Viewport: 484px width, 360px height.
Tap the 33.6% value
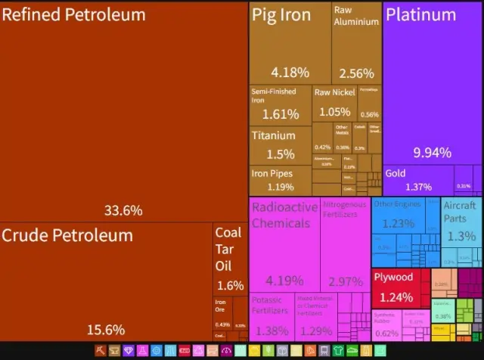pyautogui.click(x=124, y=210)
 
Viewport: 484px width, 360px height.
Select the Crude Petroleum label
pyautogui.click(x=67, y=235)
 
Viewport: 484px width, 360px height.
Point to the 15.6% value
pyautogui.click(x=105, y=330)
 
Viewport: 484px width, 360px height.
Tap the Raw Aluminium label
pyautogui.click(x=356, y=16)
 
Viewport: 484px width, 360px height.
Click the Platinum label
pyautogui.click(x=420, y=15)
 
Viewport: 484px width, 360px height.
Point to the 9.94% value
pyautogui.click(x=432, y=152)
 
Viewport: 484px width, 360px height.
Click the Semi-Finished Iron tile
pyautogui.click(x=280, y=104)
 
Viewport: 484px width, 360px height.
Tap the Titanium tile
pyautogui.click(x=280, y=144)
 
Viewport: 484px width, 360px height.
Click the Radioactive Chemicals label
pyautogui.click(x=281, y=216)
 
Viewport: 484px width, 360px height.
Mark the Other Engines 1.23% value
pyautogui.click(x=398, y=224)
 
